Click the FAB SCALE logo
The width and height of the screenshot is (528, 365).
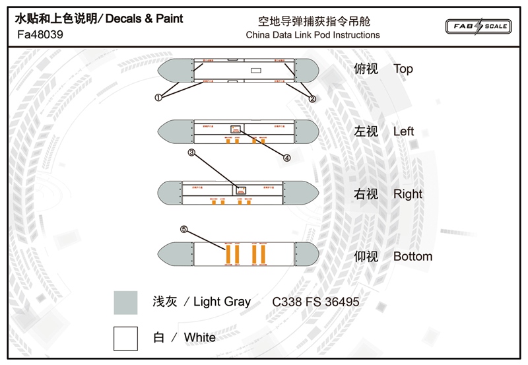pos(478,26)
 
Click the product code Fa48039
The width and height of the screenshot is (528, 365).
pos(39,35)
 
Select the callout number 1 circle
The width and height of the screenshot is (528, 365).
pos(158,98)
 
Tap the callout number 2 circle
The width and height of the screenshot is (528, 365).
pos(313,98)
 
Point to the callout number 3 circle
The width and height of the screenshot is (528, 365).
pos(192,153)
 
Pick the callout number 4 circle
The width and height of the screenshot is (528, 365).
pos(287,158)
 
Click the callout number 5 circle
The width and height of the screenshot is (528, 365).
pos(184,230)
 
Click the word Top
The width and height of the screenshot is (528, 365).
pos(403,69)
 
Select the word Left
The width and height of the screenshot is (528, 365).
pos(403,131)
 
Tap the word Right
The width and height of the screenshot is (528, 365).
pos(407,194)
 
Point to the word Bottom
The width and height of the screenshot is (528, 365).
pos(412,256)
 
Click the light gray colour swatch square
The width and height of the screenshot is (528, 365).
pos(125,302)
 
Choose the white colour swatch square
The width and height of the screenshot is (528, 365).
pos(125,338)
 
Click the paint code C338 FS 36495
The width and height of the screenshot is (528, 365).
pos(315,302)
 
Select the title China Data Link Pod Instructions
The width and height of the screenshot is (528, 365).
pos(312,35)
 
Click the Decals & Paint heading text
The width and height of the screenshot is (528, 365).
pos(145,19)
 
